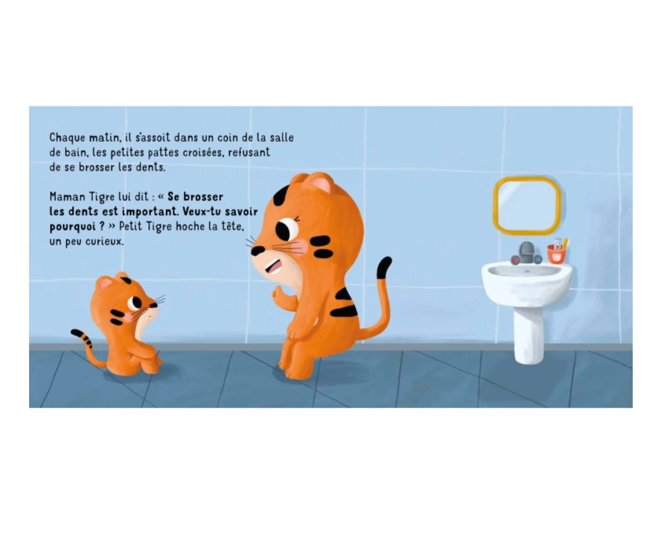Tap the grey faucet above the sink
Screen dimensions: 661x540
526,253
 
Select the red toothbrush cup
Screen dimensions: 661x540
556,253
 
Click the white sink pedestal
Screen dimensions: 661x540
529,334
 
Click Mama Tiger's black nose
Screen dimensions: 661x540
257,250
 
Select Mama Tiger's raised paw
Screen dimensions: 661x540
278,292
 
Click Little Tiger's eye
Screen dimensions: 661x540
136,303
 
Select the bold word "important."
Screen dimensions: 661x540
149,211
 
